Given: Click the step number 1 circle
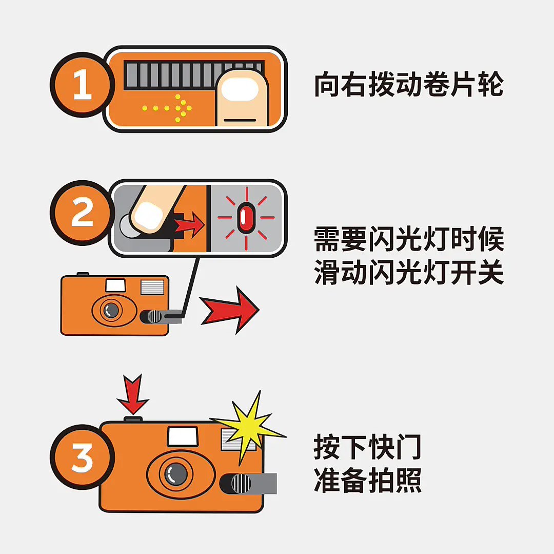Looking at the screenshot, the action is (x=82, y=85).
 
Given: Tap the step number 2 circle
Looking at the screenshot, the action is (x=82, y=213).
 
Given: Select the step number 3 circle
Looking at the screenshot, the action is (x=82, y=457).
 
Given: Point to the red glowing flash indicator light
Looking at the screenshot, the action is (x=246, y=218).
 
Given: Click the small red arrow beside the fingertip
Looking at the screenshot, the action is (x=190, y=224).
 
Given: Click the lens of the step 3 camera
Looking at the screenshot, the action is (x=175, y=474).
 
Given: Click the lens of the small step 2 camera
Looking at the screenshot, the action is (x=111, y=310).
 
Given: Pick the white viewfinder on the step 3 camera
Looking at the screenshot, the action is (x=182, y=436).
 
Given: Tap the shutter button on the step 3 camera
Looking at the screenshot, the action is (x=133, y=419).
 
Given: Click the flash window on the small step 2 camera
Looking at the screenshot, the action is (x=152, y=288).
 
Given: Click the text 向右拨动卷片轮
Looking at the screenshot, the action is (x=409, y=84).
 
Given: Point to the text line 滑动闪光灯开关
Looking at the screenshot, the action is (x=409, y=272).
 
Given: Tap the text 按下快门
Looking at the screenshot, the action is (x=367, y=447).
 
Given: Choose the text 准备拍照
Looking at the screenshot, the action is (x=367, y=480).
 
